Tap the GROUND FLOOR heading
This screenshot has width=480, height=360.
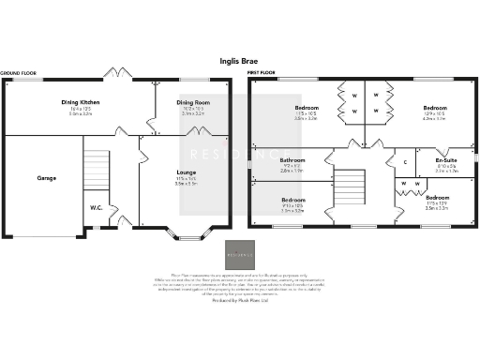(x=19, y=72)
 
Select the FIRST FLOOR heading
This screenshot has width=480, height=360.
(x=265, y=72)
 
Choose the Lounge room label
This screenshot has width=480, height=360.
(x=186, y=173)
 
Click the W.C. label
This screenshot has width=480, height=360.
(x=97, y=207)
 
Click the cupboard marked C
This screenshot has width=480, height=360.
(x=404, y=162)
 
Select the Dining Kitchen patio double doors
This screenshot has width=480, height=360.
(x=117, y=74)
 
